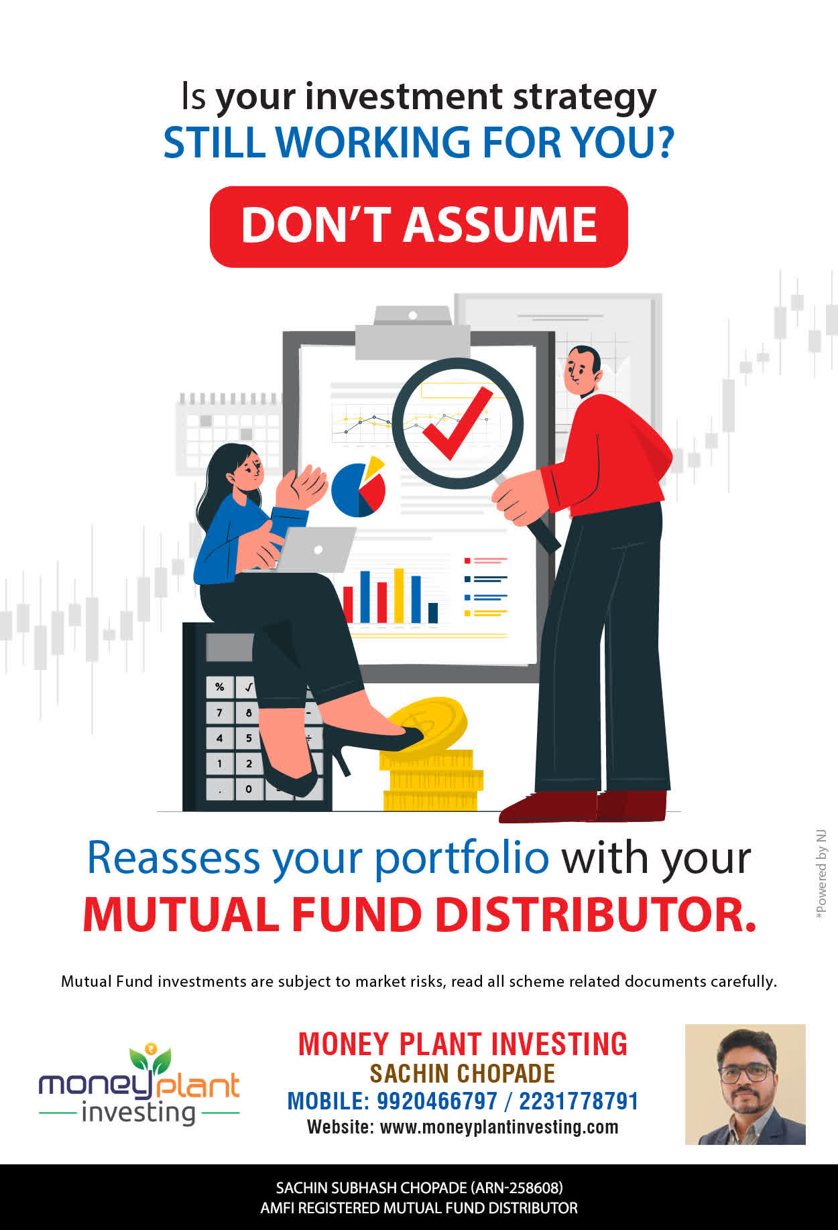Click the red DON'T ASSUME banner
click(x=419, y=226)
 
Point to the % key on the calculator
click(x=219, y=687)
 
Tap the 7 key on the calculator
click(x=219, y=712)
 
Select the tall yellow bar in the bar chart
click(x=399, y=596)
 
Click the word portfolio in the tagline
click(x=461, y=859)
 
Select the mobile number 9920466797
click(x=437, y=1101)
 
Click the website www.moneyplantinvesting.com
click(x=499, y=1127)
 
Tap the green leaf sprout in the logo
click(x=151, y=1057)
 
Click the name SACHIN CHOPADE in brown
click(x=463, y=1074)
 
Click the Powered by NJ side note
click(x=821, y=875)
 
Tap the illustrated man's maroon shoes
click(x=583, y=806)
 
